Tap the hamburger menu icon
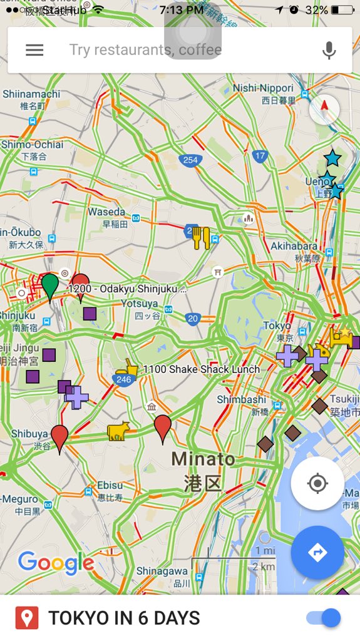pos(34,50)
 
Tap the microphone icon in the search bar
pos(329,50)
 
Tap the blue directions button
pos(317,553)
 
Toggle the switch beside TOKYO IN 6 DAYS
pos(324,618)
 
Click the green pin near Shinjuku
pos(50,287)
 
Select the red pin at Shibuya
pos(59,436)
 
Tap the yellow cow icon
pos(118,431)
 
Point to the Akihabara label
pos(295,246)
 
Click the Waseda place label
pos(106,212)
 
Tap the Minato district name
pos(203,459)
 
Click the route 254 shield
pos(190,160)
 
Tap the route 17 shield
pos(260,156)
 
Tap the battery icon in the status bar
pos(342,10)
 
